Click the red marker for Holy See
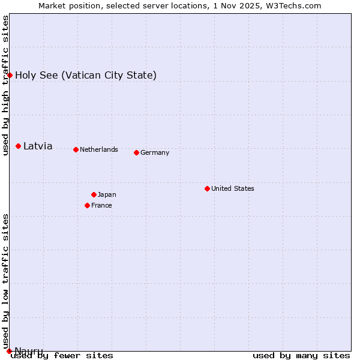point(10,75)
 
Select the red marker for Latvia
point(19,146)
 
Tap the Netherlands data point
point(76,149)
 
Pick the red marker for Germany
point(136,152)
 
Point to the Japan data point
point(94,194)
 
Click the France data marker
point(87,205)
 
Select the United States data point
point(207,188)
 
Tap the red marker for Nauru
point(9,351)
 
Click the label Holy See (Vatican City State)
point(86,75)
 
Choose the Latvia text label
point(38,146)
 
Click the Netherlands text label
point(99,149)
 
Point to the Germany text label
point(155,152)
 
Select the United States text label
point(233,188)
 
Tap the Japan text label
point(107,194)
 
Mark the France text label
point(101,205)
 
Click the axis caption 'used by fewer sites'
point(62,355)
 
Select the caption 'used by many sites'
point(301,355)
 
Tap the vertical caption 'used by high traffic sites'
point(6,85)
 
